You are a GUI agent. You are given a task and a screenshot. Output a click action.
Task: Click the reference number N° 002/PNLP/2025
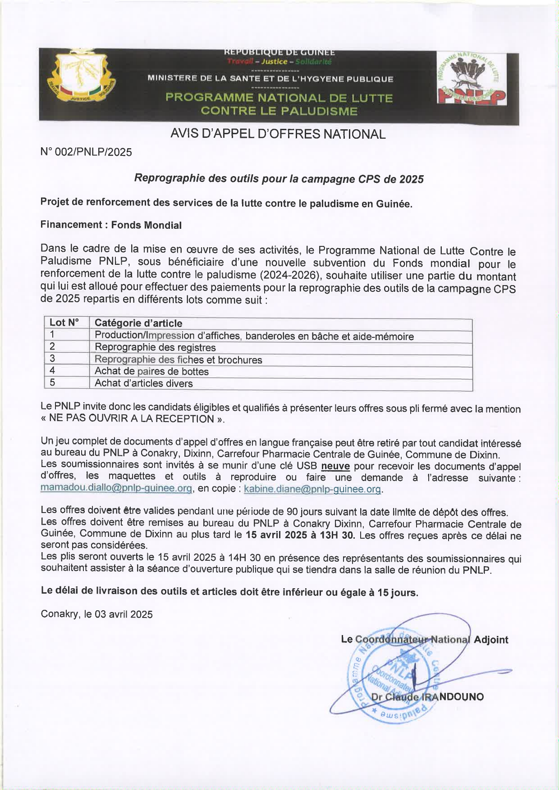pyautogui.click(x=86, y=152)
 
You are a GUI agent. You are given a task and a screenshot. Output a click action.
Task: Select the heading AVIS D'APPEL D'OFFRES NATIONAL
pyautogui.click(x=278, y=134)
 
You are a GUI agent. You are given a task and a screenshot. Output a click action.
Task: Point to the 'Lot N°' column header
pyautogui.click(x=64, y=322)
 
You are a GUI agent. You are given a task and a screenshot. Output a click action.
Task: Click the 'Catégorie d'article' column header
pyautogui.click(x=138, y=323)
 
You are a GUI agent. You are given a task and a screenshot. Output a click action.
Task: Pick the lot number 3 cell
pyautogui.click(x=53, y=359)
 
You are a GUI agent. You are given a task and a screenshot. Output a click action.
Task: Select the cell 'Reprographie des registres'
pyautogui.click(x=155, y=347)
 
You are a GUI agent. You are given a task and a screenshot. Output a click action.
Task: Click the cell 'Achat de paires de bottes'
pyautogui.click(x=151, y=372)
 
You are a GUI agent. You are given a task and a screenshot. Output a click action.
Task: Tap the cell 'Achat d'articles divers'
pyautogui.click(x=143, y=383)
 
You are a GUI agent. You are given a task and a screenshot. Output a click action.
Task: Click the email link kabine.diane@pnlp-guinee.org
pyautogui.click(x=313, y=489)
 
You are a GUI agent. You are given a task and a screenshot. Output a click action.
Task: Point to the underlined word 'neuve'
pyautogui.click(x=335, y=466)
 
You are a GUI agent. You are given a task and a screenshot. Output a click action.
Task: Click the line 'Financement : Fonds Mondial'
pyautogui.click(x=111, y=225)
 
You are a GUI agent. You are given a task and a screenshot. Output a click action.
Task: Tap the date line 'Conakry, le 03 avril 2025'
pyautogui.click(x=96, y=614)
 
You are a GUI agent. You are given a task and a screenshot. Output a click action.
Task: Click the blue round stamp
pyautogui.click(x=393, y=672)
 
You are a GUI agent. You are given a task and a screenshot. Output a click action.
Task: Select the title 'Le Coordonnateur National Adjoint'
pyautogui.click(x=424, y=640)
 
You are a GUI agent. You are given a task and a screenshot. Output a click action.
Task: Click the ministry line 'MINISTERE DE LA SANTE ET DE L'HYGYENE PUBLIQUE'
pyautogui.click(x=270, y=79)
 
